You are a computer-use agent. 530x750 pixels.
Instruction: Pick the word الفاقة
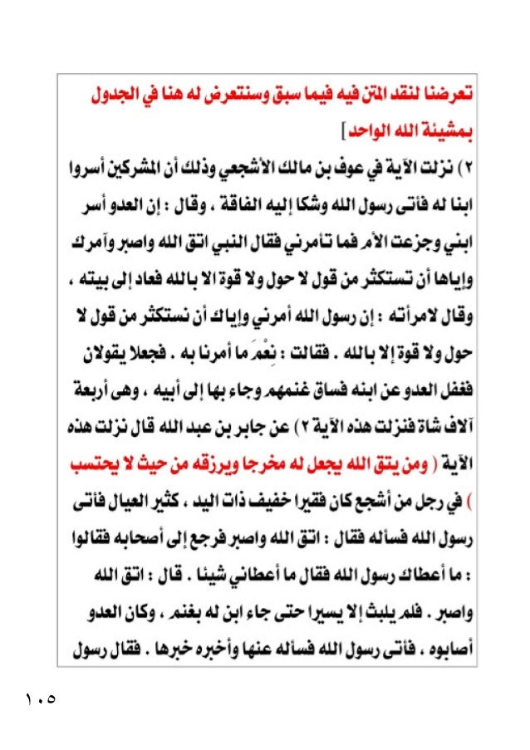point(267,204)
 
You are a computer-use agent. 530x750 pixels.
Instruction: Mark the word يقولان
point(86,349)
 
